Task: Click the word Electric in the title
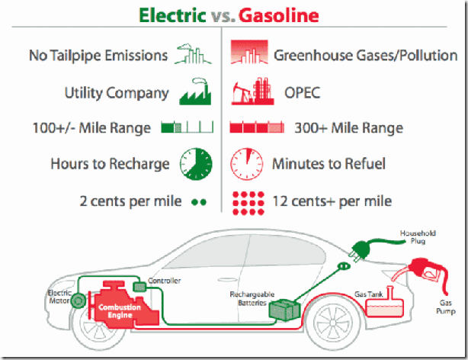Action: pos(172,15)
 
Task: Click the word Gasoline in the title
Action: pos(279,15)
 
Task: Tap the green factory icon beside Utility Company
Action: pos(195,92)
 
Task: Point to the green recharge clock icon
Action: pos(196,164)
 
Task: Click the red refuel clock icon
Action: pos(246,164)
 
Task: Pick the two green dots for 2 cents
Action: pos(199,202)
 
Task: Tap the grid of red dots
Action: pos(248,203)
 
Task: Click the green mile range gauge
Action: pos(188,127)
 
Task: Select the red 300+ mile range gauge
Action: pos(257,127)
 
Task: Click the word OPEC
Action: pos(302,92)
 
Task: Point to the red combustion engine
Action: pos(124,305)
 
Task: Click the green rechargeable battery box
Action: pos(284,310)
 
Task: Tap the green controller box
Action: pos(139,287)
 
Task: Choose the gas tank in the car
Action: pos(384,305)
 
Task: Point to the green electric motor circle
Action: pos(78,301)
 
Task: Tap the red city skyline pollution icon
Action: pos(249,53)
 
